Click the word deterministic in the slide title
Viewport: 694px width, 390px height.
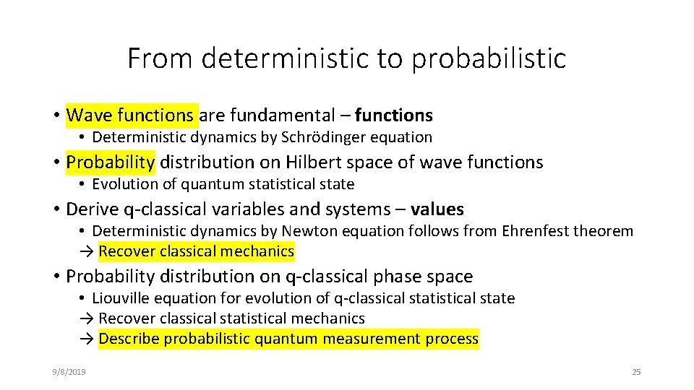[286, 58]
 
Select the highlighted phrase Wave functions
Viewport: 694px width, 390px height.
[129, 115]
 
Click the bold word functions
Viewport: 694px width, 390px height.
[394, 115]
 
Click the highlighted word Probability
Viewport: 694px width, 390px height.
[110, 162]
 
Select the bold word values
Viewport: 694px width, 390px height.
[437, 209]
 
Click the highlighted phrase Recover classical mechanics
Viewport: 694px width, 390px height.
[196, 251]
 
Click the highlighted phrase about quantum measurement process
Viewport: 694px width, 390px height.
[288, 339]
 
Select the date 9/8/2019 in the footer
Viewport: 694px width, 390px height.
[69, 372]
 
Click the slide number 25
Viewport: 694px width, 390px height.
[636, 372]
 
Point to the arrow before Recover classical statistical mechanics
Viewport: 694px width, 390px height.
[86, 318]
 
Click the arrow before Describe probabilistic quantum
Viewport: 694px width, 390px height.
[86, 339]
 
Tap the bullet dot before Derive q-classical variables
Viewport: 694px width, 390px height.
[56, 210]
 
